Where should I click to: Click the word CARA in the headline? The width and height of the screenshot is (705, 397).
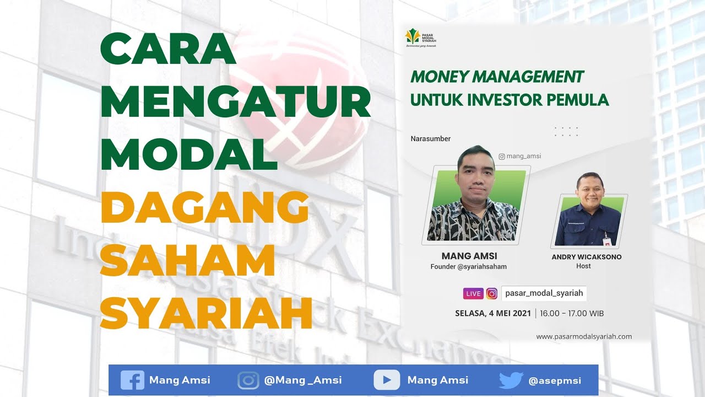(x=168, y=49)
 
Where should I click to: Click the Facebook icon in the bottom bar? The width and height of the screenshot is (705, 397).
(x=132, y=380)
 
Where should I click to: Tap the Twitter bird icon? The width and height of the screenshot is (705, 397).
(x=511, y=380)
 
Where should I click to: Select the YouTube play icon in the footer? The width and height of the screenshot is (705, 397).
(x=387, y=380)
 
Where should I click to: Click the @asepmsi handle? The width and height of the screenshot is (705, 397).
(x=554, y=380)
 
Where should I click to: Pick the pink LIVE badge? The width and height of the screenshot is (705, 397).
(x=473, y=293)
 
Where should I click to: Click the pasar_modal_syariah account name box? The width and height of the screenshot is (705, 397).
(x=544, y=293)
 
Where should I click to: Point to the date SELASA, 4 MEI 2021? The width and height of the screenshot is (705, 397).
(x=492, y=313)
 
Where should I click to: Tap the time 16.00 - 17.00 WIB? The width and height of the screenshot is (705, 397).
(x=572, y=313)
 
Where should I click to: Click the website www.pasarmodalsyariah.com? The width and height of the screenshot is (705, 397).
(x=584, y=336)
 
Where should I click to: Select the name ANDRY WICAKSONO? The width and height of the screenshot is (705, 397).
(x=587, y=257)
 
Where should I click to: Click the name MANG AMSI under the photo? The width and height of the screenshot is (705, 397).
(x=469, y=256)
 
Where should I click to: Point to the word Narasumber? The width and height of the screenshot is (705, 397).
(x=430, y=139)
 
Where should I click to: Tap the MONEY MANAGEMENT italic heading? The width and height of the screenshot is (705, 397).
(x=497, y=77)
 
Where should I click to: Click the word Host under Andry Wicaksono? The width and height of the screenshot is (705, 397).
(x=583, y=266)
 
